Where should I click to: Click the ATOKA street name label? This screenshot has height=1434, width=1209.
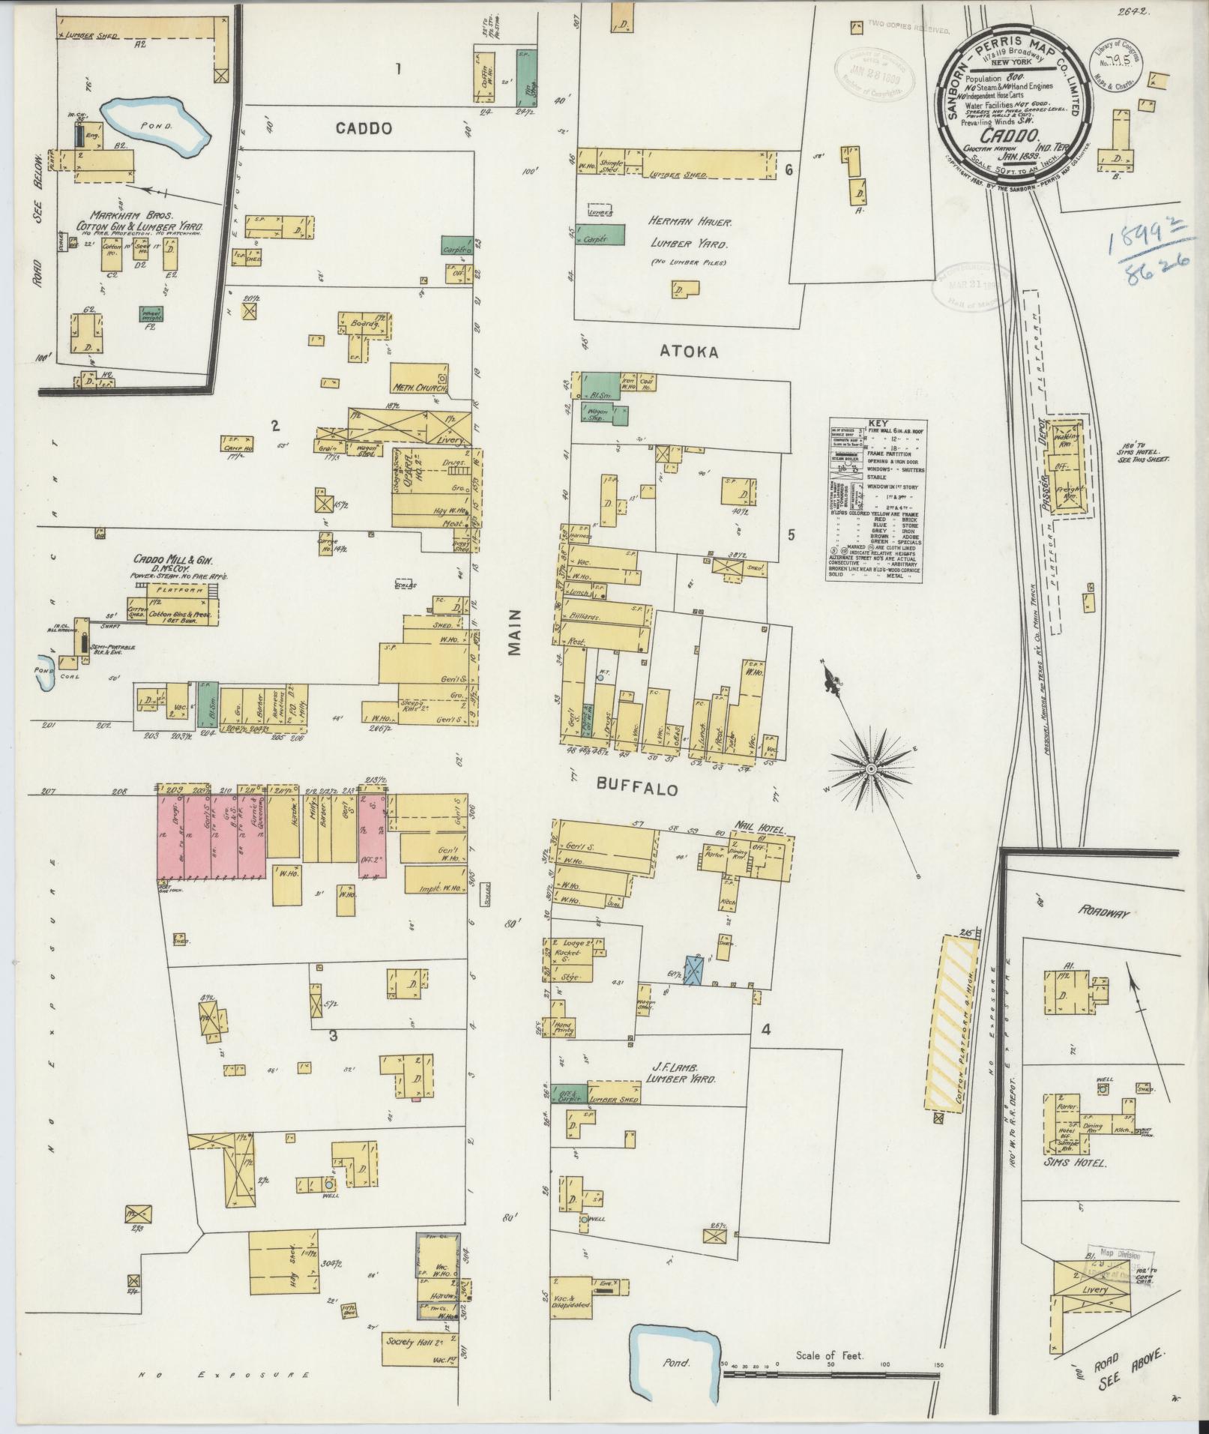click(x=688, y=350)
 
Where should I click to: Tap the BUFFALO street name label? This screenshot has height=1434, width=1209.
click(x=637, y=789)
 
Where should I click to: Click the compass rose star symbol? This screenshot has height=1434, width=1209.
click(x=872, y=769)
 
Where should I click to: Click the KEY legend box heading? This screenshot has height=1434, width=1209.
click(x=877, y=423)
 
